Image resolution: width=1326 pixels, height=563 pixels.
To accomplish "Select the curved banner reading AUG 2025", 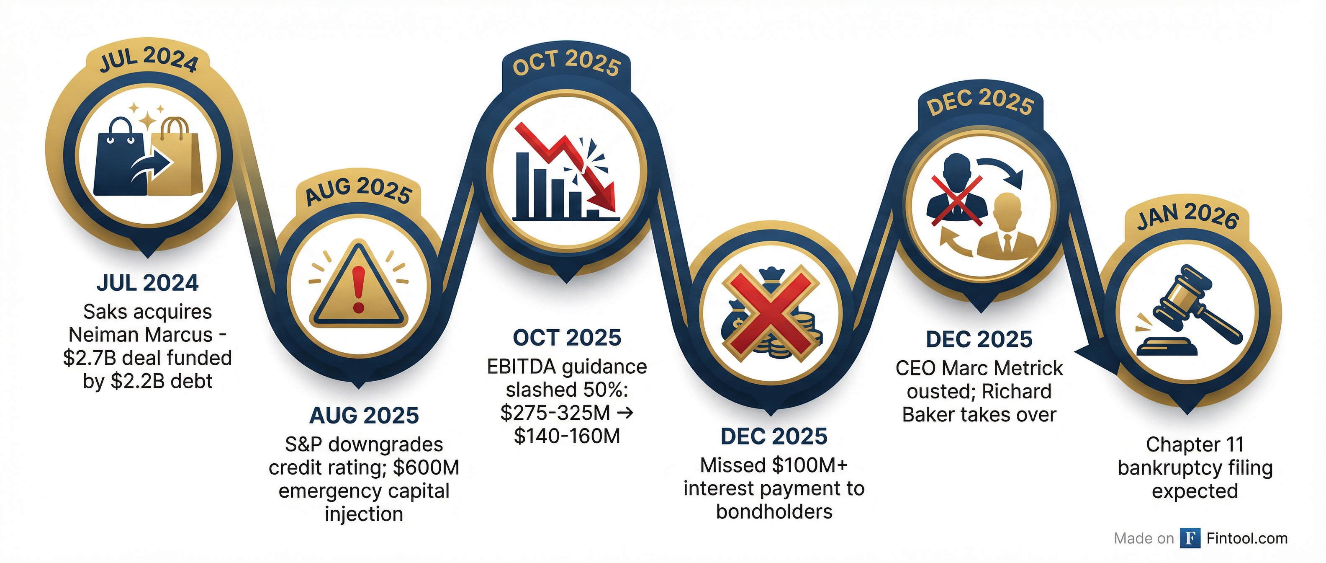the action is coord(359,190).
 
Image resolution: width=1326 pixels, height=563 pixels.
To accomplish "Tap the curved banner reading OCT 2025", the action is coord(567,63).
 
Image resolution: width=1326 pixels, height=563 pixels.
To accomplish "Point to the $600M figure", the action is coord(426,468).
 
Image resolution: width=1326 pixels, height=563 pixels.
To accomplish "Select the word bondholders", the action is coord(774,511).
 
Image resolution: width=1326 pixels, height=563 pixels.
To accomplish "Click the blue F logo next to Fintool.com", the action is coord(1190,538).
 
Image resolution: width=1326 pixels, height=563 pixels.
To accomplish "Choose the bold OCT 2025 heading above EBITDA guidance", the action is coord(567,338).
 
